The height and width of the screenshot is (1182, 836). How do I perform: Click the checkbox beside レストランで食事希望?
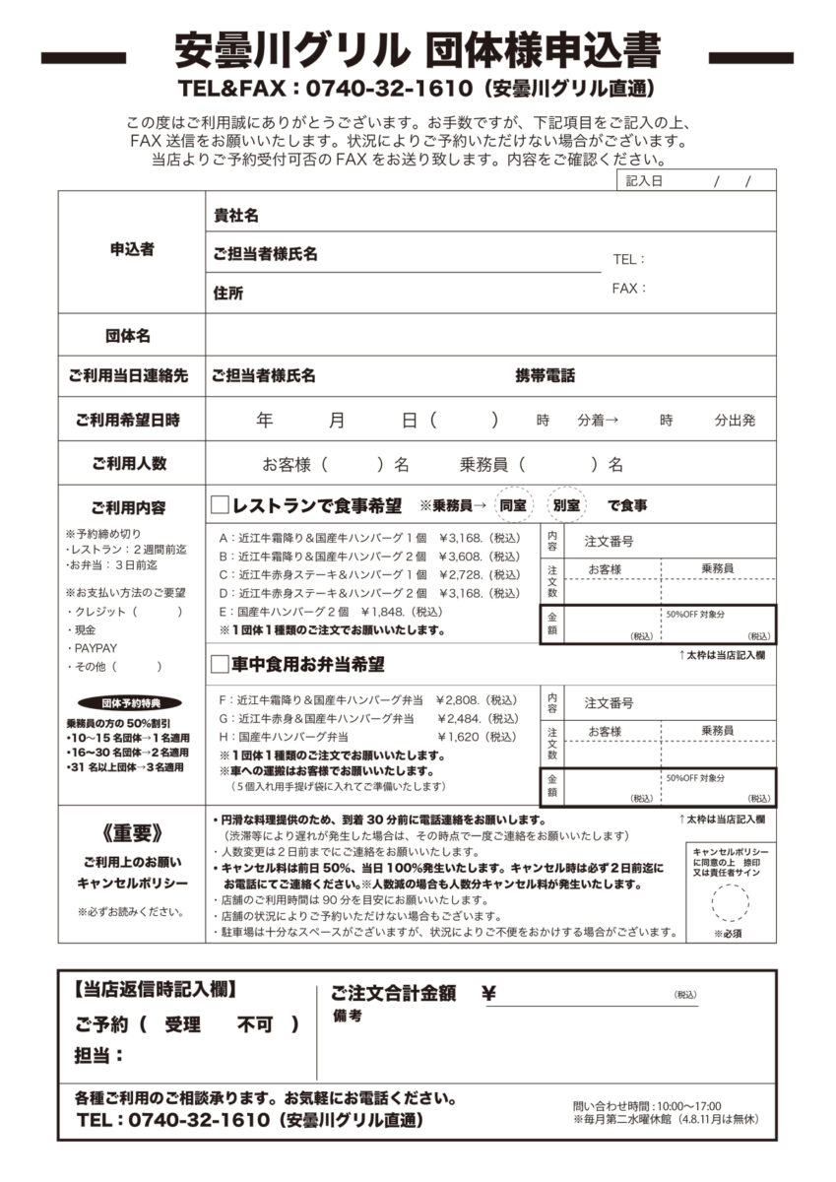[220, 505]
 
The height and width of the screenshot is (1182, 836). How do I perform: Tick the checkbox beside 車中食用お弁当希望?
[220, 665]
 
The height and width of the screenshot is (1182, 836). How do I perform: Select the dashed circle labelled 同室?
[512, 505]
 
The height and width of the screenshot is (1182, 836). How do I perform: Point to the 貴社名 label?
[236, 215]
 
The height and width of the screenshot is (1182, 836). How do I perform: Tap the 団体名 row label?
[128, 336]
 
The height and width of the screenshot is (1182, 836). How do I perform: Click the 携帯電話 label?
[546, 376]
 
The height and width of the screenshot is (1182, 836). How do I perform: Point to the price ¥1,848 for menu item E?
[385, 612]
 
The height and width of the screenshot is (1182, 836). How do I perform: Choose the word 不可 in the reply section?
[255, 1024]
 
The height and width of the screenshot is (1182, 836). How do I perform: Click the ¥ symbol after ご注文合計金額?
[488, 994]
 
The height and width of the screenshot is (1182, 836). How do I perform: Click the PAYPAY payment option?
[96, 648]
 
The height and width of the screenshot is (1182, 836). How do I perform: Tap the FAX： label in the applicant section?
[629, 289]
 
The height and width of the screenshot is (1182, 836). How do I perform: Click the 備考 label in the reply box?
[347, 1017]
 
